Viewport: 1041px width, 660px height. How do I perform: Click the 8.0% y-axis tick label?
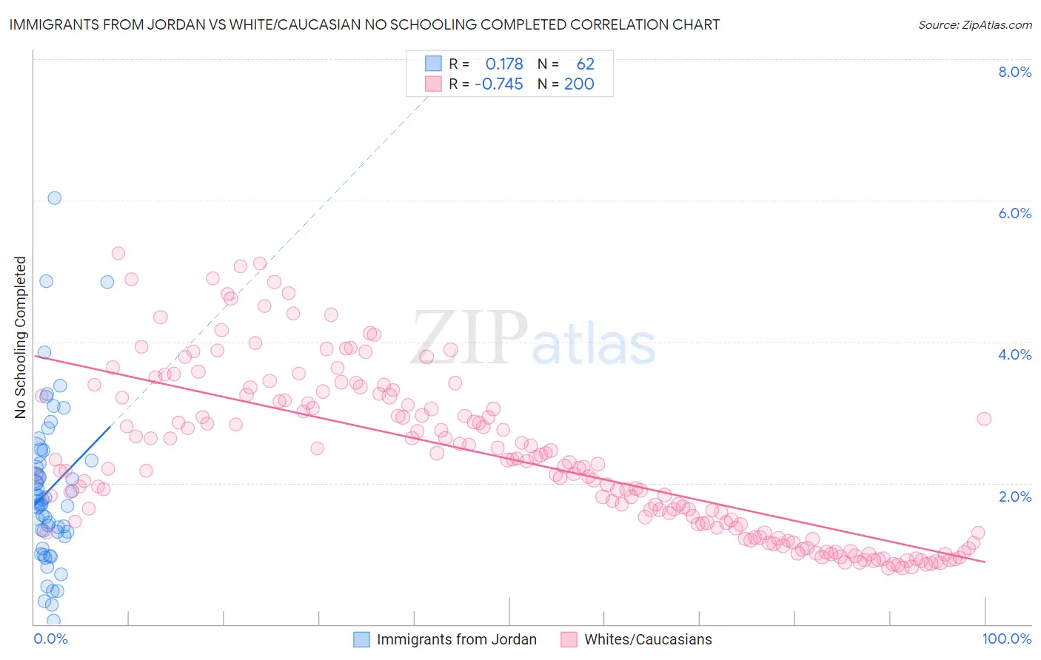(1014, 72)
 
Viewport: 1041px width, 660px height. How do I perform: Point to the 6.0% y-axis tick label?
(1014, 213)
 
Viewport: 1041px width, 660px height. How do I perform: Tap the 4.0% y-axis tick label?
(1014, 354)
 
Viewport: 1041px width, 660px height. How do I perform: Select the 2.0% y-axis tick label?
(1014, 496)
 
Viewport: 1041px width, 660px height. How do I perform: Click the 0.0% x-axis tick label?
(50, 639)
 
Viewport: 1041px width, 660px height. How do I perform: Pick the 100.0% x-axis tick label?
(1006, 639)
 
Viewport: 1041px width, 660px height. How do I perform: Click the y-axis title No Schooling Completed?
(20, 337)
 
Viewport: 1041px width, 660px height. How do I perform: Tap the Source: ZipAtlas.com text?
(974, 25)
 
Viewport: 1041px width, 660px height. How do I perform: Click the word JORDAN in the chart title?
(170, 25)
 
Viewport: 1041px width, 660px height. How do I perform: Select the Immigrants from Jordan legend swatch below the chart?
(361, 639)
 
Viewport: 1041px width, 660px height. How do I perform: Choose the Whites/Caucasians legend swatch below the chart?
(569, 639)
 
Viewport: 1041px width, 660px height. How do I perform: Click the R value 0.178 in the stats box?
(504, 64)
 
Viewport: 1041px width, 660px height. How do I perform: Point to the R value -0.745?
(499, 84)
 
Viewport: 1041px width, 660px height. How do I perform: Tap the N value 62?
(585, 64)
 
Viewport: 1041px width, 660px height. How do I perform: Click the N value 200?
(579, 84)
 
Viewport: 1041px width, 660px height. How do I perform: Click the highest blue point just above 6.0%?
(54, 198)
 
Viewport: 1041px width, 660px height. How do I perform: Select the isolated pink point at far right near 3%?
(984, 419)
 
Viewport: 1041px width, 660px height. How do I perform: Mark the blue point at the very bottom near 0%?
(53, 620)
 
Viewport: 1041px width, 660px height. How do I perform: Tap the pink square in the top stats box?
(433, 84)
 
